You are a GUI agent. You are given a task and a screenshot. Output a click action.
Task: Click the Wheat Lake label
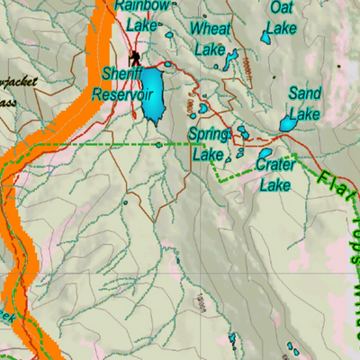coord(211,39)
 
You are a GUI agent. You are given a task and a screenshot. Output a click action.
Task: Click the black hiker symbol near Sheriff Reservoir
coord(134,56)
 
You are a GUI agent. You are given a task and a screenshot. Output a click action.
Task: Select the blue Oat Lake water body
coord(267,38)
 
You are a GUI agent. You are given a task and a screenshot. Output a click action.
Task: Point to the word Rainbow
coord(141,6)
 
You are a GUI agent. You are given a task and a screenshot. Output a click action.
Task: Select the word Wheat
coord(211,29)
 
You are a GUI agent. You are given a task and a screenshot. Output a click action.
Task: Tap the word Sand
coord(304,94)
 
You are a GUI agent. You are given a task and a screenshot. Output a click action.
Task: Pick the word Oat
coord(282,6)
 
